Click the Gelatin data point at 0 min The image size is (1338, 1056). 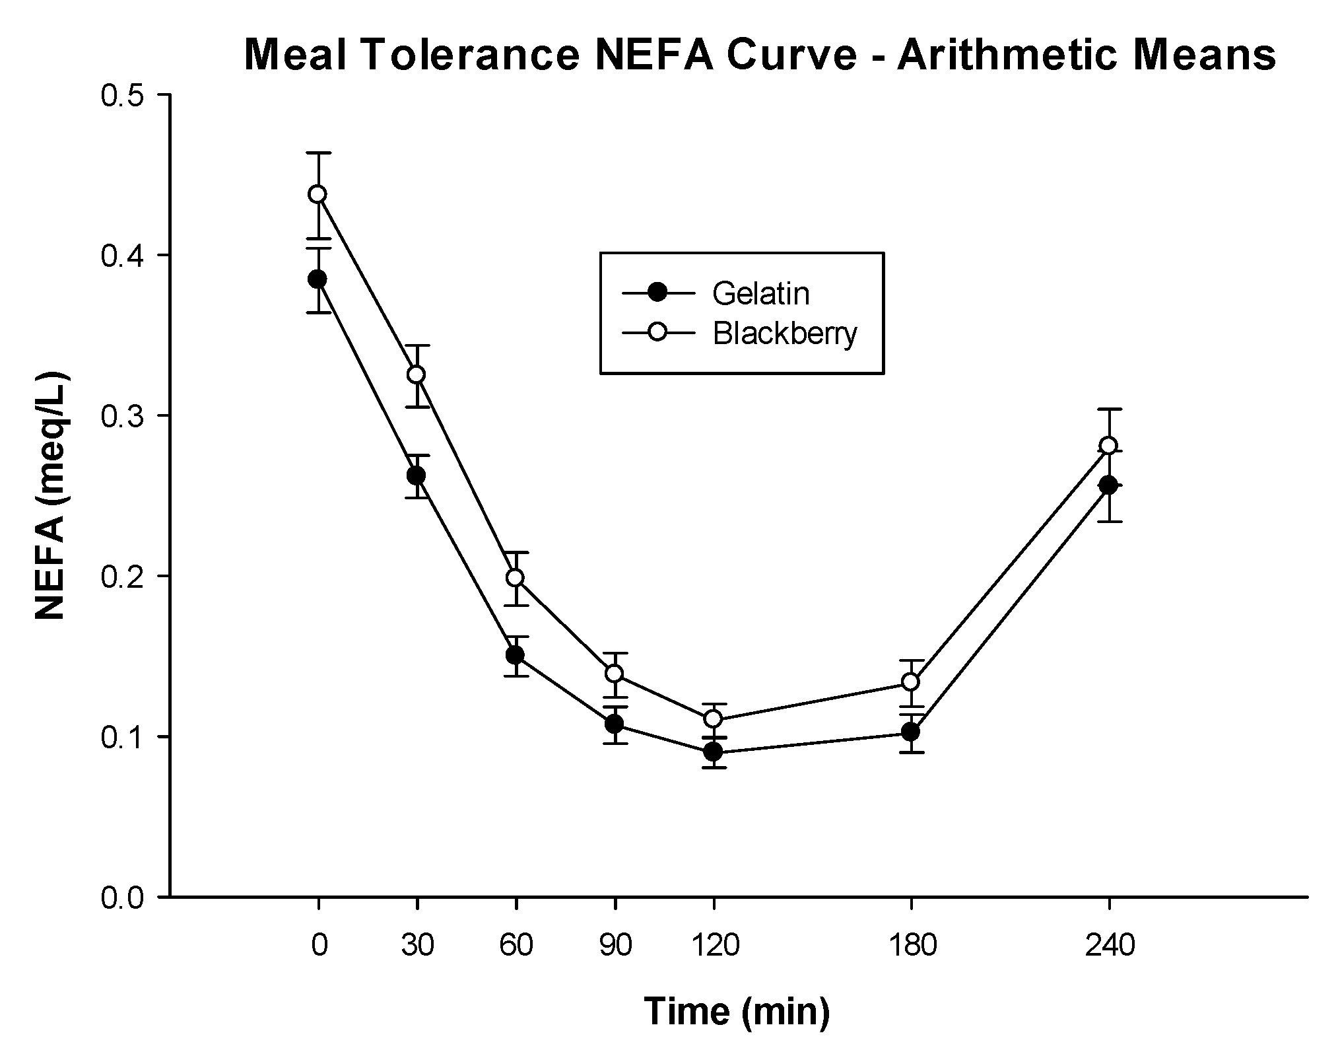click(x=318, y=279)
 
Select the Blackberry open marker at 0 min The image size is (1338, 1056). click(x=318, y=194)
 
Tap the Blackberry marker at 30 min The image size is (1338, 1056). click(x=417, y=374)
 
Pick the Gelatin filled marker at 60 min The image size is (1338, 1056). click(x=516, y=655)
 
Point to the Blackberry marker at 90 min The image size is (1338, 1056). click(x=615, y=674)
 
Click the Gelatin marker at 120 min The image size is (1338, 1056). click(x=713, y=752)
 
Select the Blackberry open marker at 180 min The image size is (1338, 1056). click(x=911, y=682)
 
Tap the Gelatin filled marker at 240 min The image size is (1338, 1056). click(x=1109, y=485)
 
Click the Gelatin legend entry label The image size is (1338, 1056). click(x=760, y=294)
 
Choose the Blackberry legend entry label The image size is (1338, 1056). click(x=785, y=334)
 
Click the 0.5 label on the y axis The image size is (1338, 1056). click(x=123, y=95)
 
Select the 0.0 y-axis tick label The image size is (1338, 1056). click(x=123, y=898)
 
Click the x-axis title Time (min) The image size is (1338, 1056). click(x=736, y=1011)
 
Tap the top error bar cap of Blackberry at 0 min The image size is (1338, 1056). click(x=318, y=153)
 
